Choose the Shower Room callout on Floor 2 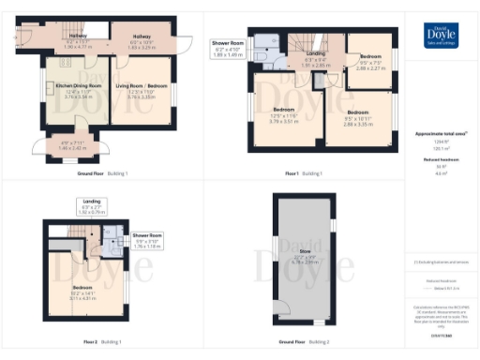(147, 239)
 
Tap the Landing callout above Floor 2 (90, 207)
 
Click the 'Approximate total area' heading (441, 135)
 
